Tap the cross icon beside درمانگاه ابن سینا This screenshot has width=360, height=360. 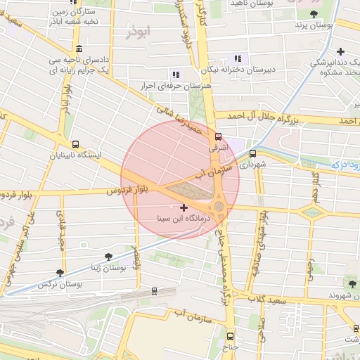point(184,208)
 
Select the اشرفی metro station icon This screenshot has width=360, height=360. point(218,136)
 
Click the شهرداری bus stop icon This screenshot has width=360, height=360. point(253,153)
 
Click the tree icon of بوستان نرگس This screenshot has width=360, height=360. point(60,274)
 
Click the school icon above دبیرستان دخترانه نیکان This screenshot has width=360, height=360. point(237,58)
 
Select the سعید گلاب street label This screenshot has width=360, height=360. point(266,300)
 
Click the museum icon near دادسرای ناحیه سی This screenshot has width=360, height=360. point(77,49)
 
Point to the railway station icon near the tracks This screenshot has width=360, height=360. point(154,290)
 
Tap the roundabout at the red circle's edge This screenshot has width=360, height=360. point(219,206)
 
